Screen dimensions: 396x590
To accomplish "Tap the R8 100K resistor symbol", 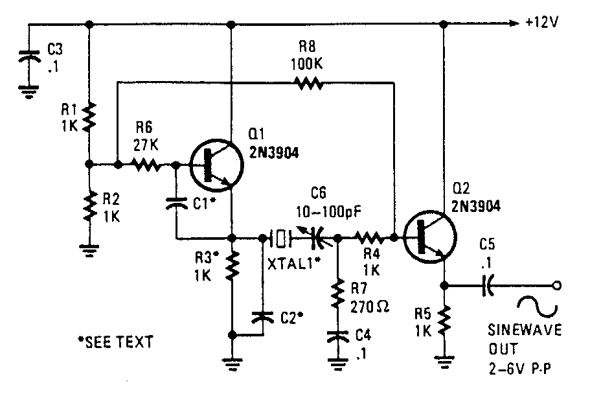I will [309, 82].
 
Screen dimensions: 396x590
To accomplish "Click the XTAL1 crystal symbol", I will [278, 239].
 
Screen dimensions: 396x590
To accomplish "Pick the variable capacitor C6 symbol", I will [317, 239].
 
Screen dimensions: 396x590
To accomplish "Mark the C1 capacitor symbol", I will [176, 202].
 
